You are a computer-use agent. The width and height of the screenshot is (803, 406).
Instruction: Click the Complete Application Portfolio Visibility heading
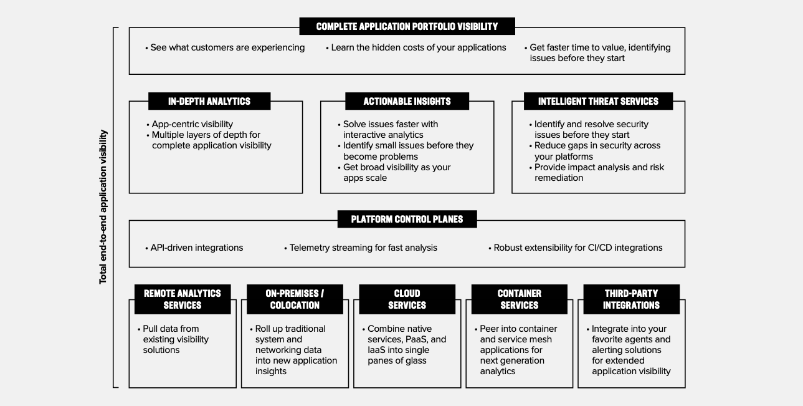coord(407,27)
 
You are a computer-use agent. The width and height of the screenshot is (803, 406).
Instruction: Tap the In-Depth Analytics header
coord(209,101)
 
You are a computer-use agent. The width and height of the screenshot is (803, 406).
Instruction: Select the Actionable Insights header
coord(407,101)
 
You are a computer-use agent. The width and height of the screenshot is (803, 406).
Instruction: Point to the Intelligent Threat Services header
coord(598,101)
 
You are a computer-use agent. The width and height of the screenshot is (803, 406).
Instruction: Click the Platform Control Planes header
coord(407,219)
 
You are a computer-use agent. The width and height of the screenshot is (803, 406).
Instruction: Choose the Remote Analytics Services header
coord(183,299)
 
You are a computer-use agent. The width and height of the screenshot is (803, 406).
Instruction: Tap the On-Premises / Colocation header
coord(295,299)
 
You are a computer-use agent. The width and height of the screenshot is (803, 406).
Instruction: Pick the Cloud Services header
coord(407,299)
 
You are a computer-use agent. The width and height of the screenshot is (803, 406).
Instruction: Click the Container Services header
coord(519,299)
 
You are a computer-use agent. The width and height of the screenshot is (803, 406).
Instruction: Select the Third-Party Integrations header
coord(631,299)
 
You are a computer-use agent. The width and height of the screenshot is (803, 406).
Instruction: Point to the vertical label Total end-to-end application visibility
coord(103,207)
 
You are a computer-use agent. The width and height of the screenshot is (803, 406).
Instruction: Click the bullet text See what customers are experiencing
coord(225,48)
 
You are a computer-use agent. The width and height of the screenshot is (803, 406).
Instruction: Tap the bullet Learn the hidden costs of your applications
coord(416,48)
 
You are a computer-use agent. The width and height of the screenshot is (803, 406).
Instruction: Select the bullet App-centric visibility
coord(189,124)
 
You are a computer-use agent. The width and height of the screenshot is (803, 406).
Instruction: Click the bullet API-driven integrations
coord(194,248)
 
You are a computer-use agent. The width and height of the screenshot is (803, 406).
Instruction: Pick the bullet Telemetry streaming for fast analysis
coord(361,248)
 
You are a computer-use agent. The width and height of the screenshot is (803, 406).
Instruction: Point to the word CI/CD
coord(601,248)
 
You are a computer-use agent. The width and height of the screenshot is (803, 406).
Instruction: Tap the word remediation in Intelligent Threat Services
coord(559,178)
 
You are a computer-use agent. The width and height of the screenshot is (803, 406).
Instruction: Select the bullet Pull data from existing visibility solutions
coord(174,339)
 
